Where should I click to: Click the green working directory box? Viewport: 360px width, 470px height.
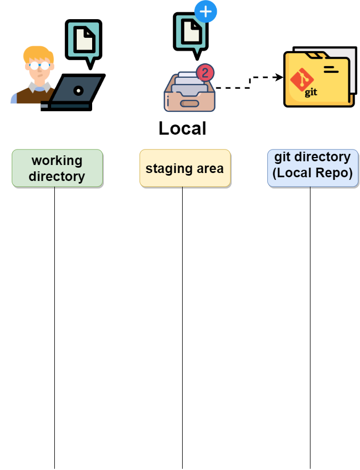coord(57,168)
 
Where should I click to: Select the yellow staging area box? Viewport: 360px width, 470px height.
coord(185,168)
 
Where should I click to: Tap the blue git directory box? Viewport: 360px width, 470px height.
coord(313,168)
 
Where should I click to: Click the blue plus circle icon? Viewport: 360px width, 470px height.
coord(206,11)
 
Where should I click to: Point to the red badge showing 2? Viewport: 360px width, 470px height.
coord(205,72)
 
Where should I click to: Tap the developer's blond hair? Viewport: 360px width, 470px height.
coord(37,53)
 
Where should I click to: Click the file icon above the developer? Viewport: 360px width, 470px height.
coord(84,39)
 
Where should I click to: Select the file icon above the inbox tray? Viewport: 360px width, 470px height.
coord(191,32)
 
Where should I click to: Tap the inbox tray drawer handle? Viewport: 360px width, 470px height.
coord(190,103)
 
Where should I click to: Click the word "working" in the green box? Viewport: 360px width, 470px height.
coord(57,161)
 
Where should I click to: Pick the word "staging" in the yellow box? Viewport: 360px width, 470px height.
coord(165,169)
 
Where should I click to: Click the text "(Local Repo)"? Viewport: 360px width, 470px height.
coord(313,174)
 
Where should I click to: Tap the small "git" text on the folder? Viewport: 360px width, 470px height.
coord(311,93)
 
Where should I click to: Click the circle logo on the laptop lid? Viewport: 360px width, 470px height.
coord(78,90)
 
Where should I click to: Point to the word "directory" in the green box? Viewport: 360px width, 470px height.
coord(57,176)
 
